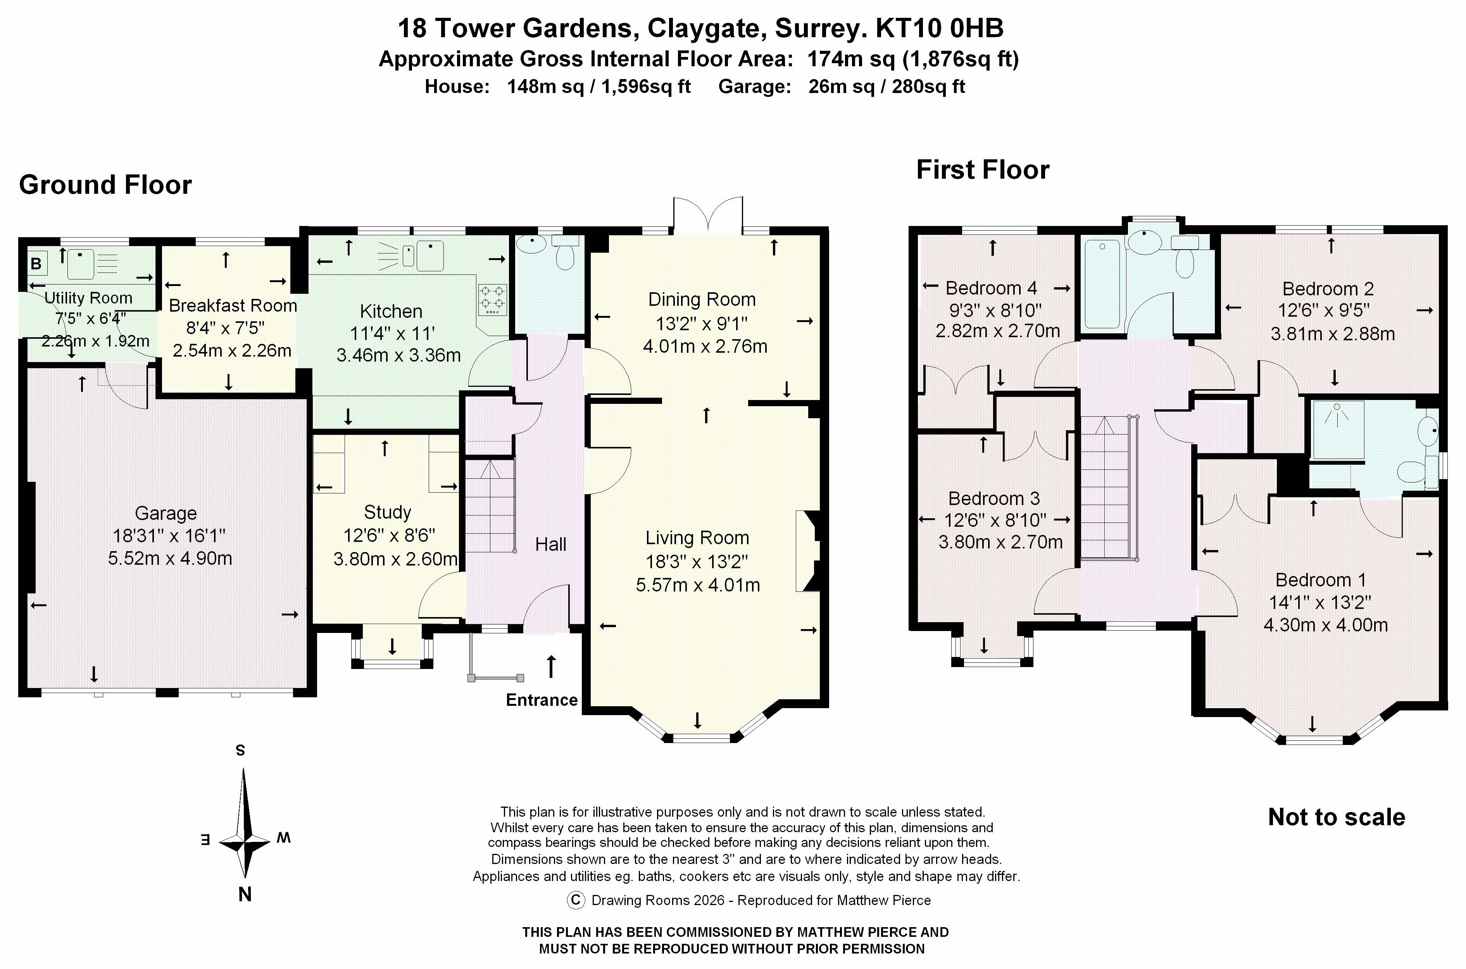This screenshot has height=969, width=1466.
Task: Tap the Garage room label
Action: pos(166,513)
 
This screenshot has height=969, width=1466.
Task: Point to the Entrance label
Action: pos(542,700)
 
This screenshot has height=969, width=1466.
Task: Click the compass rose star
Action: pos(245,840)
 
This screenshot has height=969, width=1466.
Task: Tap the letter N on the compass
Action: pos(245,894)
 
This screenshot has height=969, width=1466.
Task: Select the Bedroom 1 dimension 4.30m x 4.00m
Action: pos(1325,625)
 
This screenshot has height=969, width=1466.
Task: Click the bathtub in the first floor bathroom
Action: pos(1102,284)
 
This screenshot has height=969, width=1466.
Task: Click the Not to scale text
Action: pos(1336,817)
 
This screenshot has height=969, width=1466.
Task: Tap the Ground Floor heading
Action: pos(105,185)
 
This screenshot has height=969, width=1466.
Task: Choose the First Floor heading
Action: pos(982,170)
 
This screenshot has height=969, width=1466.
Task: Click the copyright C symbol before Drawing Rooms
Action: pos(575,900)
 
